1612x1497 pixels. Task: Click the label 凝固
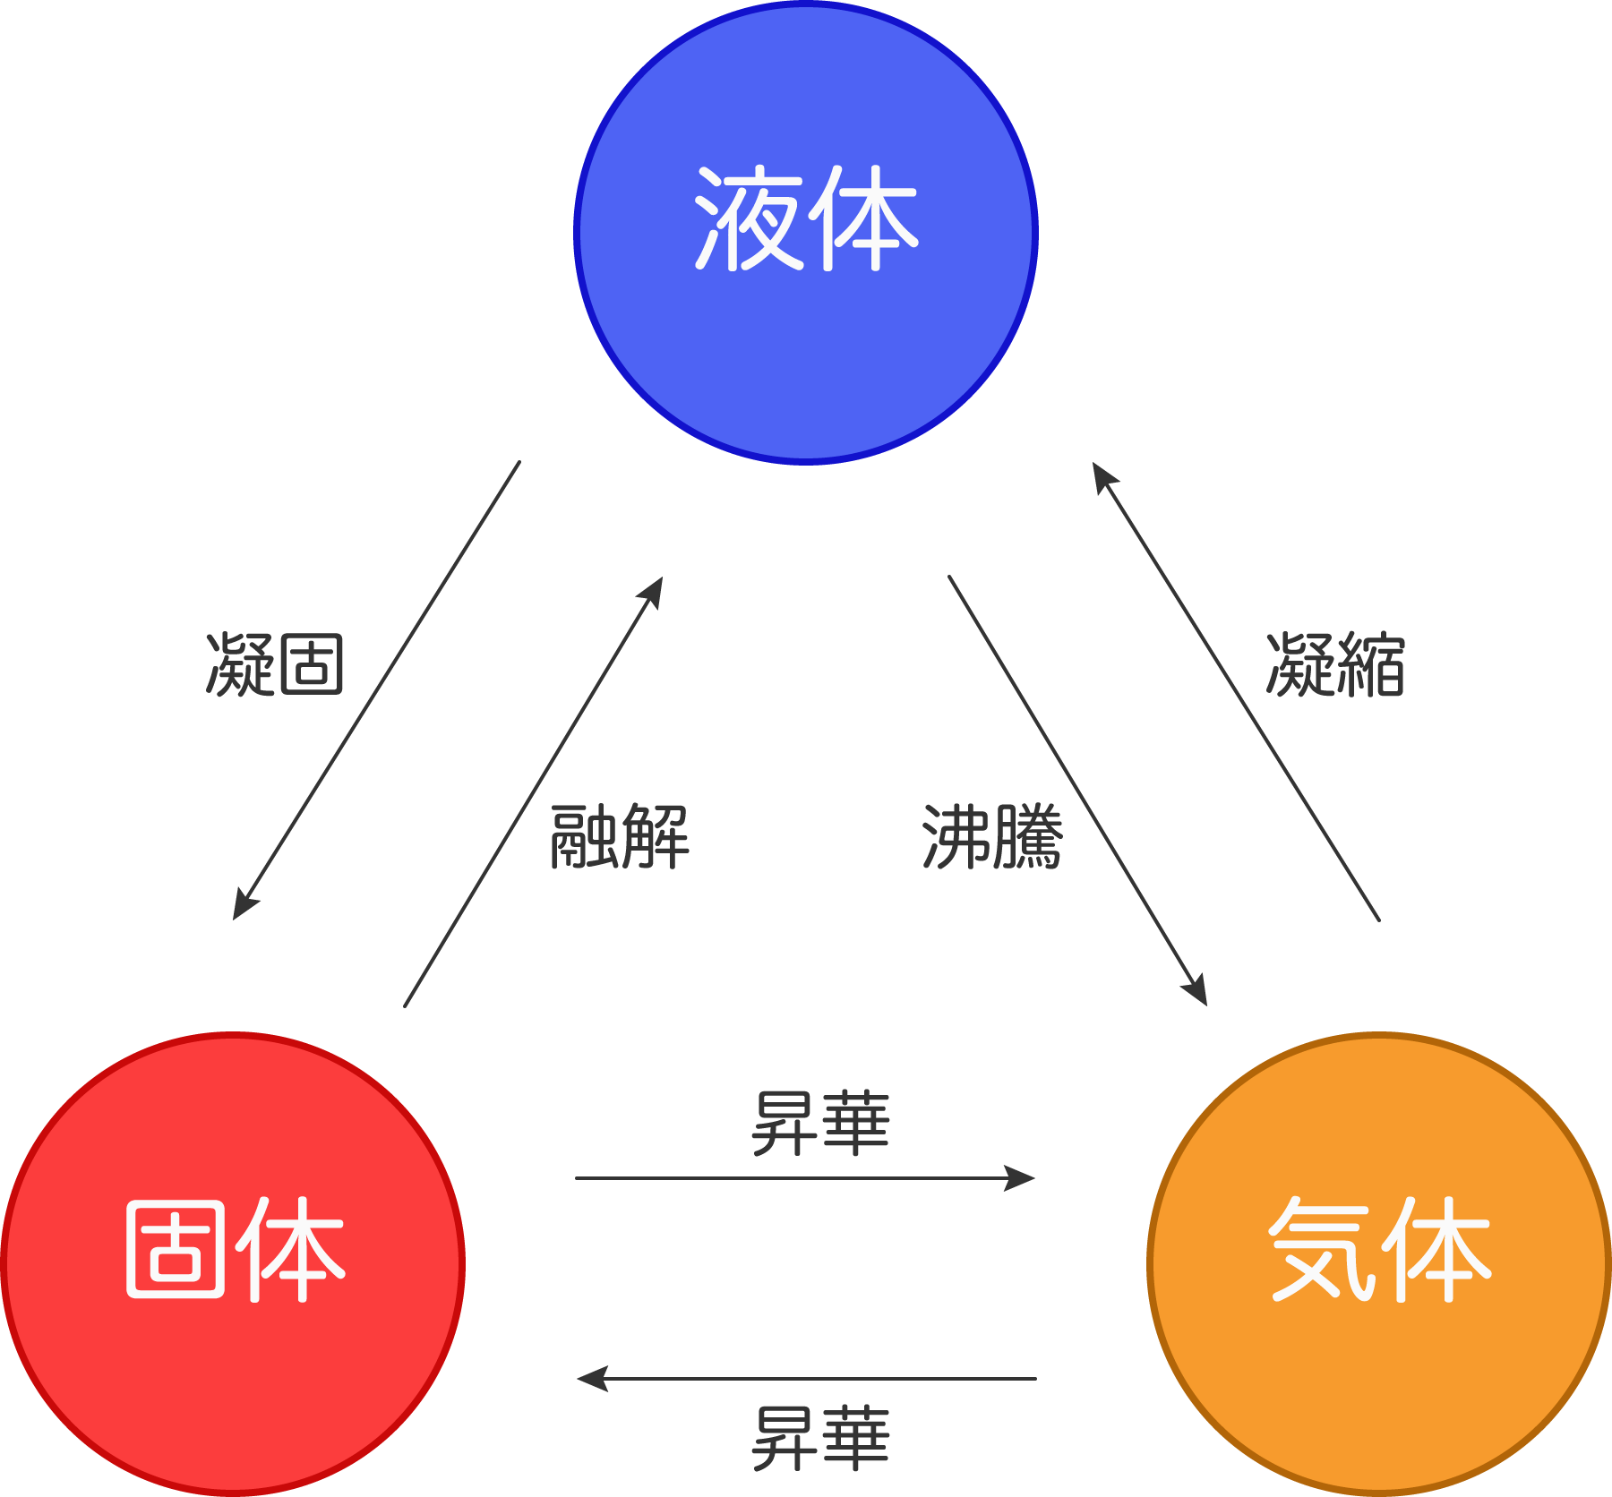click(275, 664)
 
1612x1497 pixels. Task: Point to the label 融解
click(620, 836)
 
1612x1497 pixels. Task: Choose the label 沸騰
click(992, 836)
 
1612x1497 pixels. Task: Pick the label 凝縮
click(1335, 664)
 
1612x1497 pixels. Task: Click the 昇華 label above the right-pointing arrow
click(820, 1123)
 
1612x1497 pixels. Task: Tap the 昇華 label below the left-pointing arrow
click(820, 1438)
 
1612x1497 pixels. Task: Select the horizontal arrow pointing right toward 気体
click(806, 1178)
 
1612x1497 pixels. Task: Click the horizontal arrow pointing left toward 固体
click(806, 1379)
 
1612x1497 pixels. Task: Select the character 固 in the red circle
click(176, 1250)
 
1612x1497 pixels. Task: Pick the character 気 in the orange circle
click(1322, 1250)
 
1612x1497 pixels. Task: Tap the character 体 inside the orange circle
click(1436, 1250)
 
